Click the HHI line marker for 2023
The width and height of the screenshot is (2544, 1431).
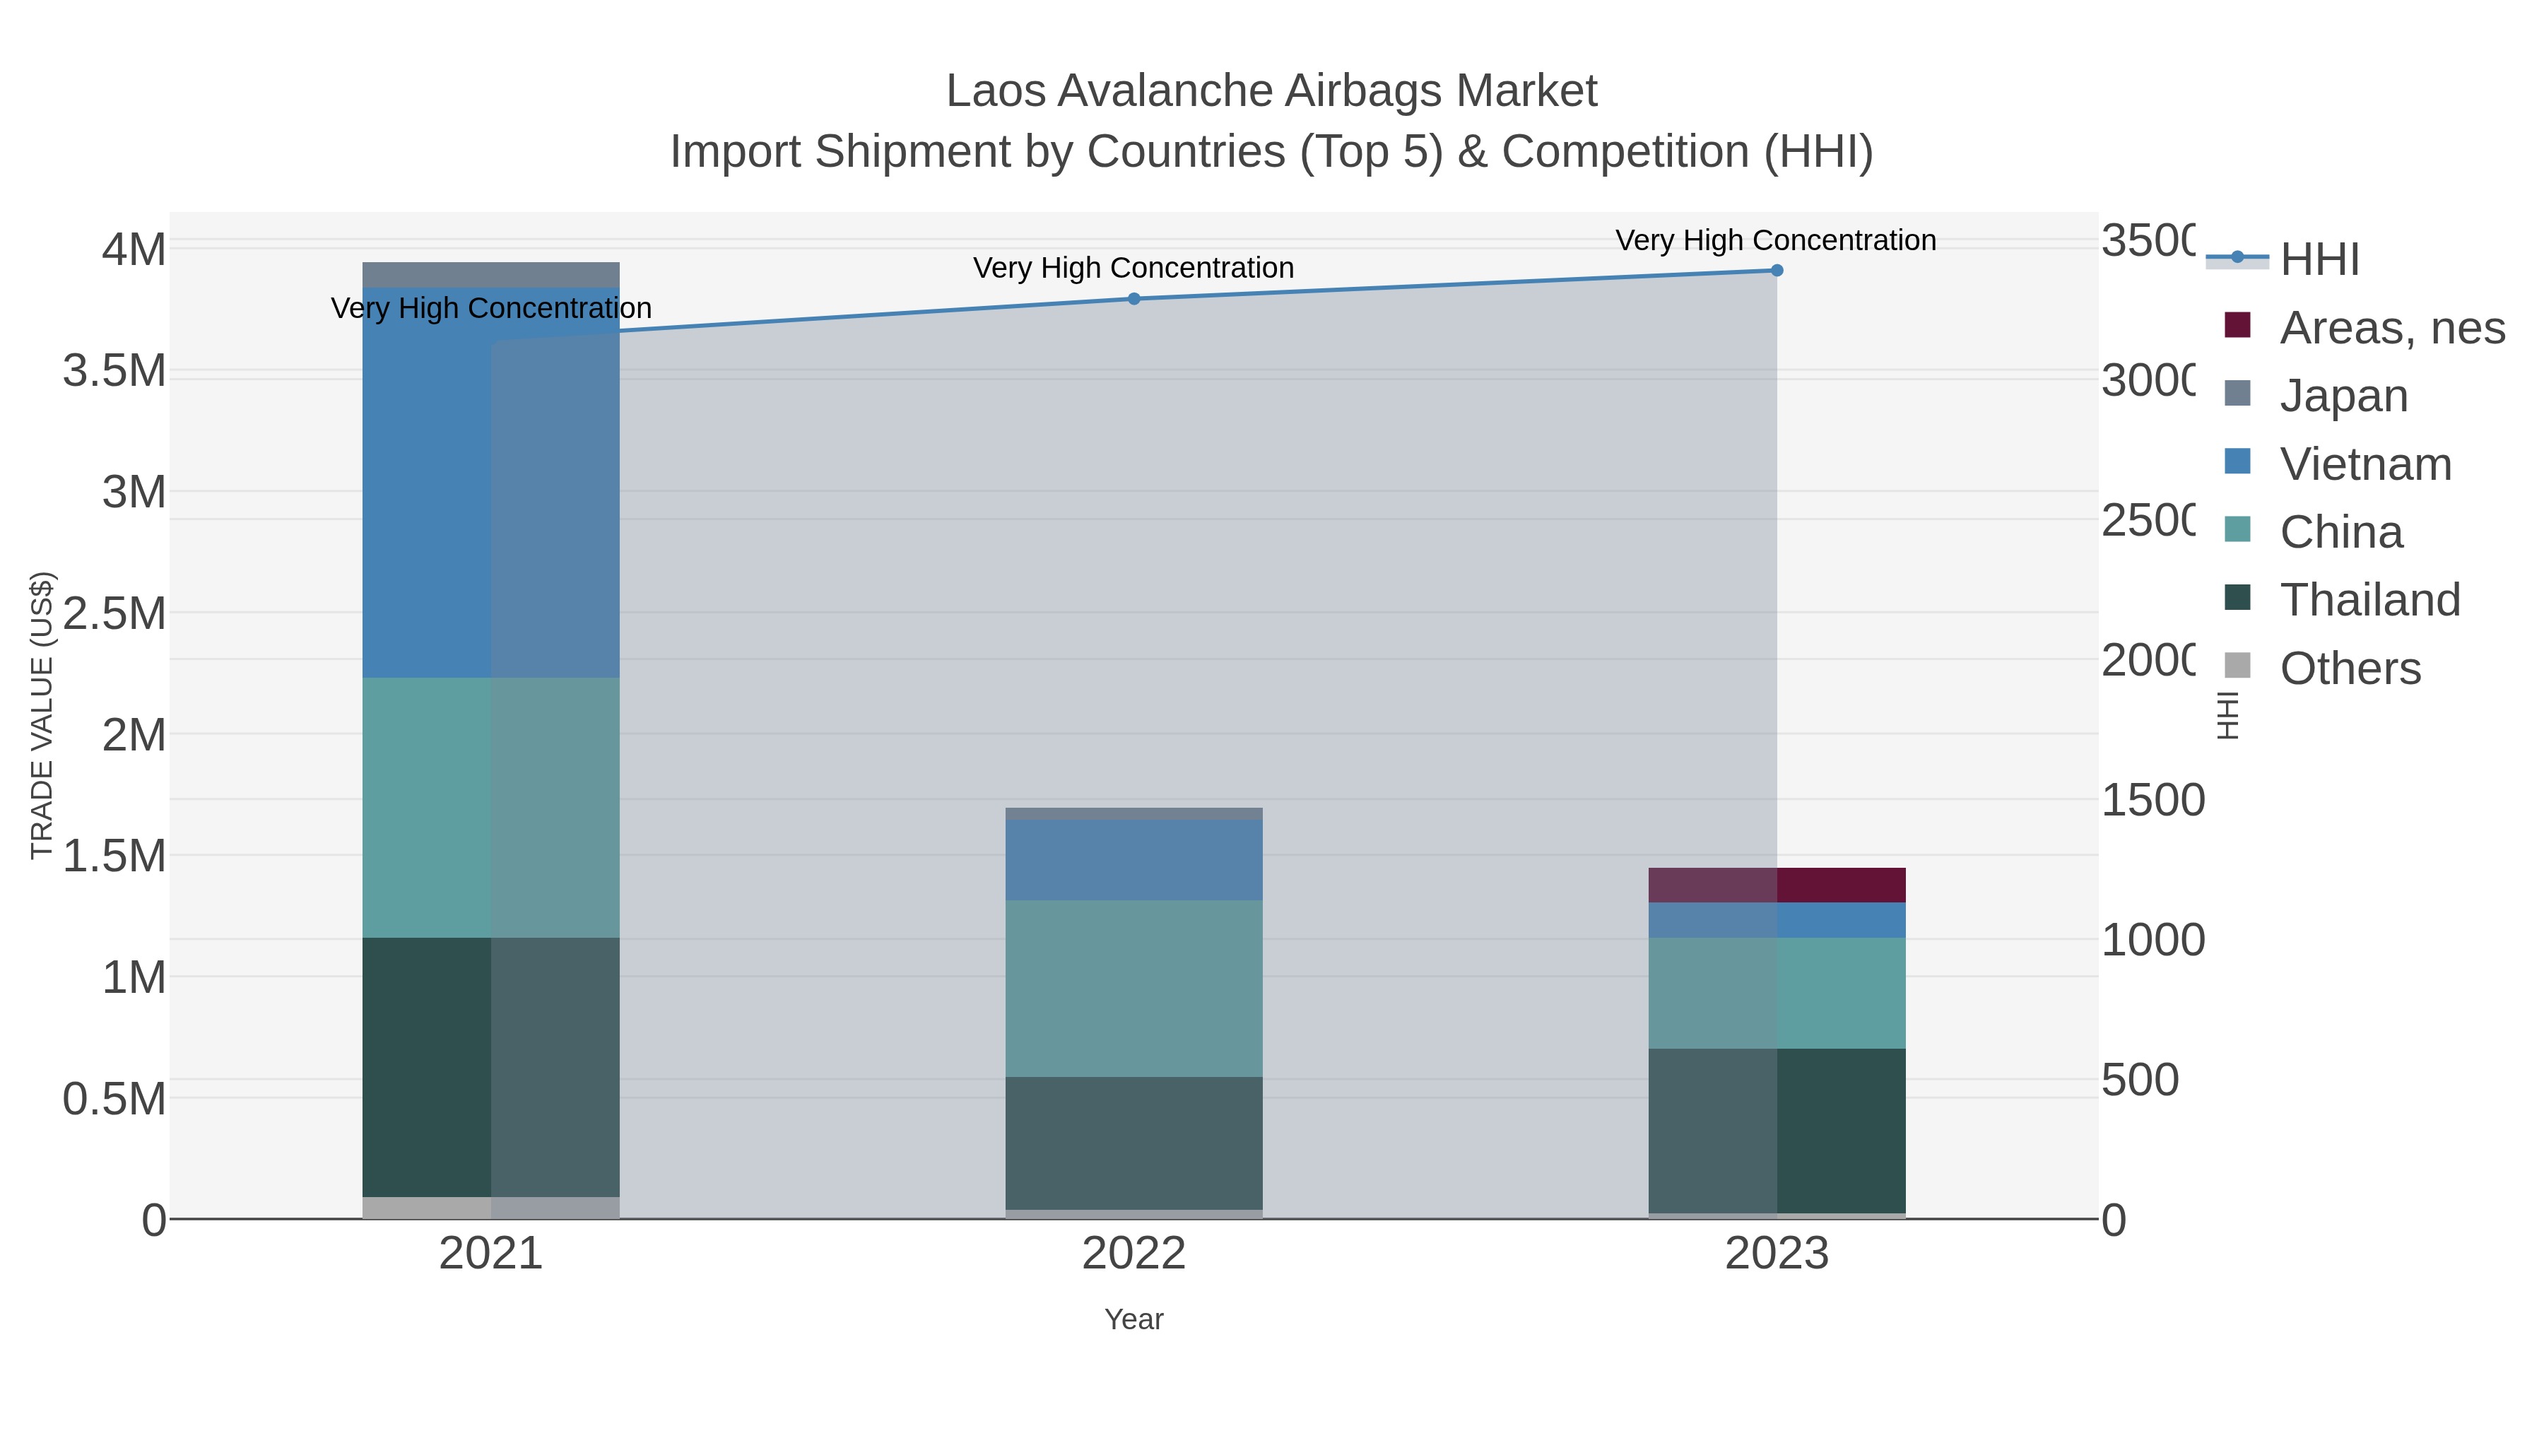click(x=1777, y=271)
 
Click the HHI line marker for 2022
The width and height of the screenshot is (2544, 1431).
click(x=1133, y=298)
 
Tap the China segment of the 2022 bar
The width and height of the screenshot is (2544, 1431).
click(x=1133, y=988)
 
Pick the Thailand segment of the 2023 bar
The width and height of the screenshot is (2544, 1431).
click(x=1777, y=1130)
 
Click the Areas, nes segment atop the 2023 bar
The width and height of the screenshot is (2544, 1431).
click(x=1777, y=885)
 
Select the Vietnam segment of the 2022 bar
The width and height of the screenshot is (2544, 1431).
click(x=1133, y=859)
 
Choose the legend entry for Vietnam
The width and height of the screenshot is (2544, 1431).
click(x=2365, y=464)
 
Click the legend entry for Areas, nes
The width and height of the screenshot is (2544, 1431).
click(x=2391, y=328)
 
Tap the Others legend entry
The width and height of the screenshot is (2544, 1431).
click(x=2350, y=669)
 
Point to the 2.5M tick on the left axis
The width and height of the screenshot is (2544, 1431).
click(x=114, y=613)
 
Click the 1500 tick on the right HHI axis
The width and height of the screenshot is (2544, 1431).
click(x=2152, y=800)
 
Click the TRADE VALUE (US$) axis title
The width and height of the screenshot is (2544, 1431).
click(x=42, y=715)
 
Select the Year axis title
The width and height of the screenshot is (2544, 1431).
click(x=1133, y=1319)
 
